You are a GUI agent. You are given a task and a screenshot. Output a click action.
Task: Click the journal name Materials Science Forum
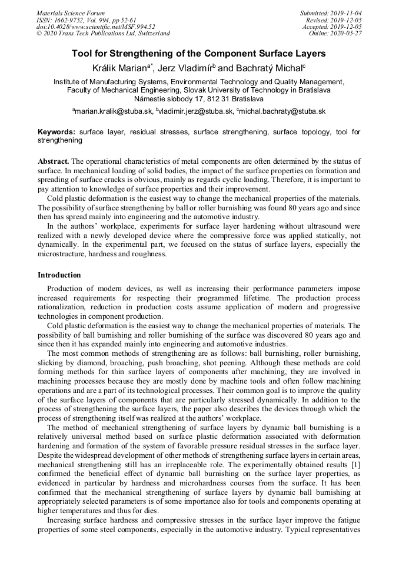[x=71, y=13]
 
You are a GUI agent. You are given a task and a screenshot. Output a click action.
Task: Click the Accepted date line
[x=332, y=27]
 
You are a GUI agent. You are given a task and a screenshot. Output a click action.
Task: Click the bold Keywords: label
[x=57, y=132]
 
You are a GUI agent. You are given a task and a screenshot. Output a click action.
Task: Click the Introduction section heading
[x=59, y=275]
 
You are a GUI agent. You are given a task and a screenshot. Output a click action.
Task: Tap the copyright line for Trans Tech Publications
[x=103, y=34]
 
